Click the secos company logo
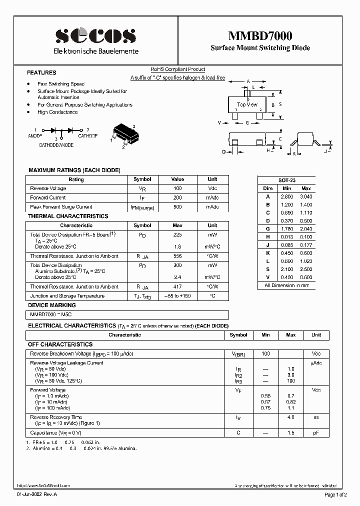pyautogui.click(x=95, y=35)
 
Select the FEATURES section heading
pyautogui.click(x=41, y=72)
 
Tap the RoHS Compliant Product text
pyautogui.click(x=178, y=70)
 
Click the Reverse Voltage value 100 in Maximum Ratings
pyautogui.click(x=177, y=188)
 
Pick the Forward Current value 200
pyautogui.click(x=177, y=197)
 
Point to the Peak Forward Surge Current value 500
pyautogui.click(x=177, y=206)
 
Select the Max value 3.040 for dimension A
pyautogui.click(x=305, y=196)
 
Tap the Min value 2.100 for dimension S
pyautogui.click(x=286, y=268)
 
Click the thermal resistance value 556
pyautogui.click(x=177, y=256)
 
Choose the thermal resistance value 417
pyautogui.click(x=177, y=287)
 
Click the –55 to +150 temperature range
pyautogui.click(x=177, y=296)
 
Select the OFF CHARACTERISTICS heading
pyautogui.click(x=60, y=344)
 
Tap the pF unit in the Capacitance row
pyautogui.click(x=316, y=433)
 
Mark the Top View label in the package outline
pyautogui.click(x=247, y=104)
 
